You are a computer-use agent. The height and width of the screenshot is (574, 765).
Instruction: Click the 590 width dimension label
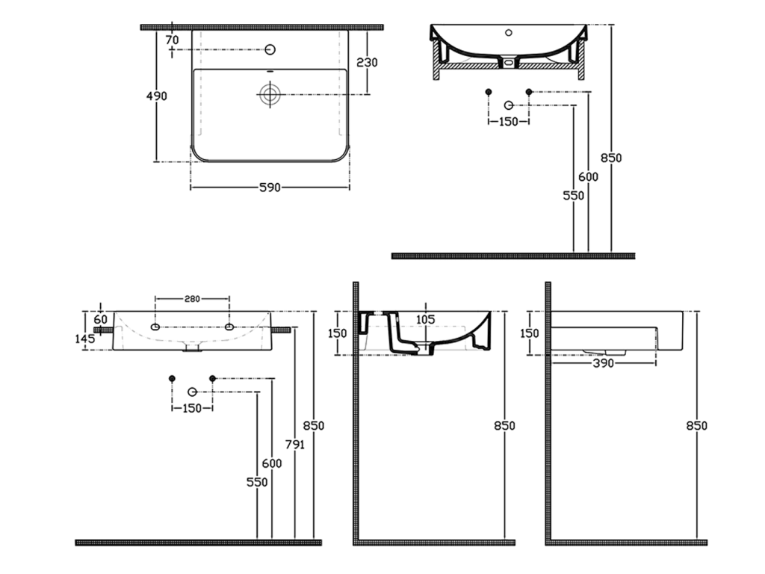(269, 188)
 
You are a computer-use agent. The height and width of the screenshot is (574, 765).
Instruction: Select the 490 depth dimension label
(157, 96)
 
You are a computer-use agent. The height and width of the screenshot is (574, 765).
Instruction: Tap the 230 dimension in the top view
(367, 63)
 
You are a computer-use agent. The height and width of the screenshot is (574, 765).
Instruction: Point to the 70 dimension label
(173, 40)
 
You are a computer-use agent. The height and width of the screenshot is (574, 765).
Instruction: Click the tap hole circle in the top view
(270, 49)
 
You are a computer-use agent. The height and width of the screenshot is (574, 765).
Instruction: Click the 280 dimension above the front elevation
(192, 299)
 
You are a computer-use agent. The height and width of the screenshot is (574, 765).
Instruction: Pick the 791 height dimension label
(294, 444)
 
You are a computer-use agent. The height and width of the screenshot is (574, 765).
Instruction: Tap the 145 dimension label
(85, 338)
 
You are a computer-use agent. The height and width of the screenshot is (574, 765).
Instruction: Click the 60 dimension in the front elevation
(100, 320)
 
